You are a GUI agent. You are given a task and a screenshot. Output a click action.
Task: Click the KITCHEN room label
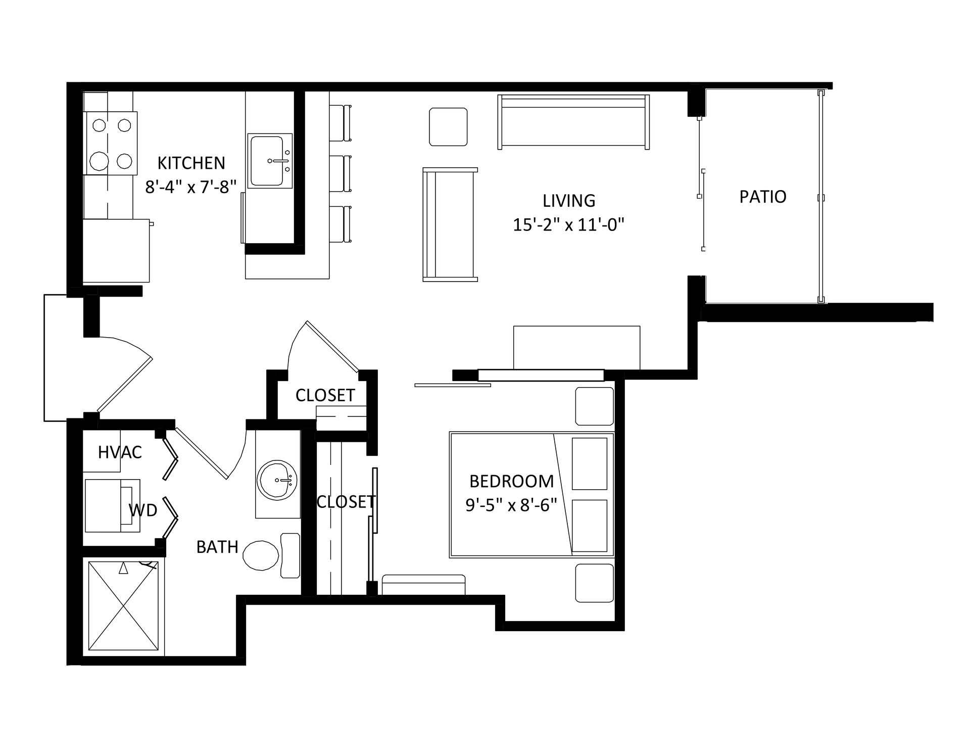pyautogui.click(x=191, y=163)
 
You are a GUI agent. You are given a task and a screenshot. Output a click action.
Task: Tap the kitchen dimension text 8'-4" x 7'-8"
pyautogui.click(x=191, y=187)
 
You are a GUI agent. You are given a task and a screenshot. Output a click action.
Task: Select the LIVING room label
pyautogui.click(x=569, y=201)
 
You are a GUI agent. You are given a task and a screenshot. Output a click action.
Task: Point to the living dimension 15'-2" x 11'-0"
pyautogui.click(x=569, y=224)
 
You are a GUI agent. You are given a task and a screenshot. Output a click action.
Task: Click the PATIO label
pyautogui.click(x=763, y=197)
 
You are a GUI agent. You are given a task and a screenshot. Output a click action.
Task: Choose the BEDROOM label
pyautogui.click(x=511, y=481)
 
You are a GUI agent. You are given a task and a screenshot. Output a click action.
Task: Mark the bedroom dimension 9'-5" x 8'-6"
pyautogui.click(x=511, y=505)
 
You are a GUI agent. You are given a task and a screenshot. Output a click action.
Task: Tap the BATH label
pyautogui.click(x=217, y=547)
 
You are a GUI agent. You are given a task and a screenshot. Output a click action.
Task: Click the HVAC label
pyautogui.click(x=120, y=452)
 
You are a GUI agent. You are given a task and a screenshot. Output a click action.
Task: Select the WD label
pyautogui.click(x=143, y=510)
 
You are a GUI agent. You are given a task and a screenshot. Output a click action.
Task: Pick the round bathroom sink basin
pyautogui.click(x=277, y=480)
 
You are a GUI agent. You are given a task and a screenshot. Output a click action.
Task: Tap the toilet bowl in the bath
pyautogui.click(x=261, y=555)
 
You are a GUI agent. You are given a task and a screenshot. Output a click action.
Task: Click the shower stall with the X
pyautogui.click(x=123, y=605)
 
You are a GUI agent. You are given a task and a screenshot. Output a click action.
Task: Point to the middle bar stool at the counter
pyautogui.click(x=340, y=173)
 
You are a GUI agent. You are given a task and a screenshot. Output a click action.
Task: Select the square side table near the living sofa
pyautogui.click(x=448, y=127)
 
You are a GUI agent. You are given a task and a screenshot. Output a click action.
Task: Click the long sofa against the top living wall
pyautogui.click(x=573, y=122)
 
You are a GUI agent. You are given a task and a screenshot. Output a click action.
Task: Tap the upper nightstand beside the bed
pyautogui.click(x=595, y=406)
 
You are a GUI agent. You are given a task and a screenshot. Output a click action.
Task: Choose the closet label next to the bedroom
pyautogui.click(x=346, y=502)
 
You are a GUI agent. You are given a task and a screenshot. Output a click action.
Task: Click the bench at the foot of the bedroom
pyautogui.click(x=423, y=584)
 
